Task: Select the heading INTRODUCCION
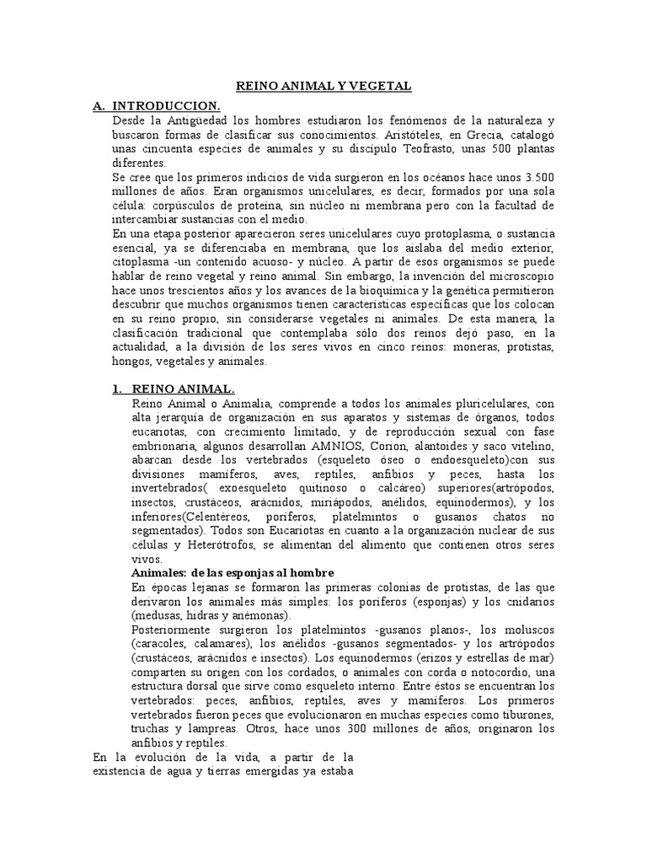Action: pos(166,105)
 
